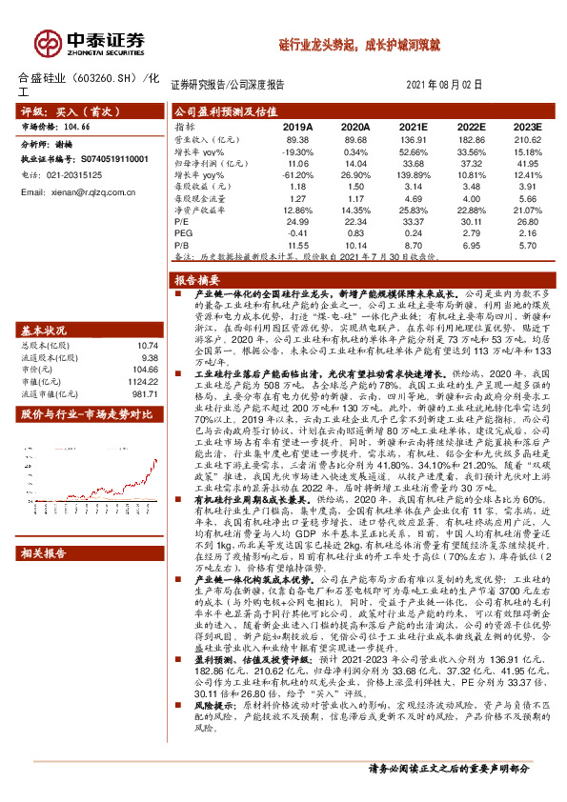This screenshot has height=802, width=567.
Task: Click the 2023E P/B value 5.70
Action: tap(528, 246)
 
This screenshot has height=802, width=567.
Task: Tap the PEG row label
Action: tap(182, 233)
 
